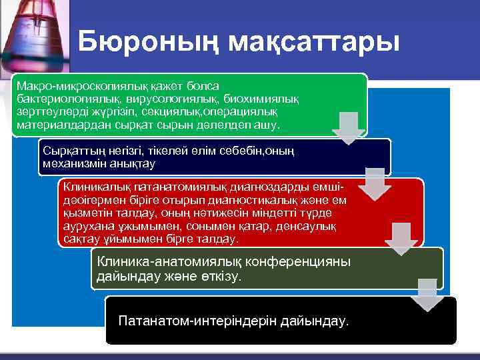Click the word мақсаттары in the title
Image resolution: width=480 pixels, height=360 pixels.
click(x=313, y=41)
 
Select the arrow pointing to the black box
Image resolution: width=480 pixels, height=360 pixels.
click(x=427, y=295)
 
